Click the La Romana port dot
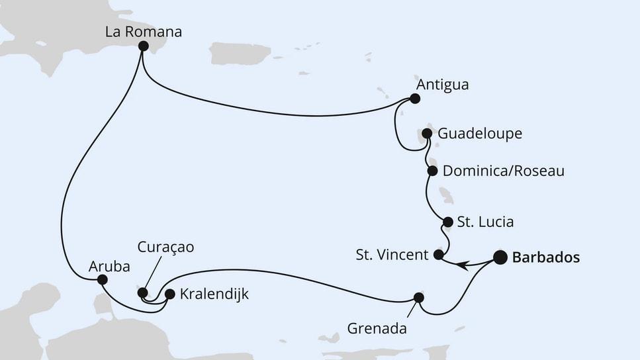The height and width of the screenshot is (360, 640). (x=143, y=46)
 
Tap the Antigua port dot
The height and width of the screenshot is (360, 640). (x=415, y=99)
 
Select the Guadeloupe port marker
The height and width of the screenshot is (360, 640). (x=427, y=134)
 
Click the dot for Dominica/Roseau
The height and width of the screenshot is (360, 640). (x=432, y=171)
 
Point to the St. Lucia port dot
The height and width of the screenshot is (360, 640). (x=447, y=222)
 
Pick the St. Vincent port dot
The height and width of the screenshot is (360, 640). (x=438, y=254)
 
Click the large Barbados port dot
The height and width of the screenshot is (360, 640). (x=500, y=257)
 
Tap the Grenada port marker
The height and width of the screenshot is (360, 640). (x=418, y=298)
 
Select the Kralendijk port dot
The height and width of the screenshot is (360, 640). (x=169, y=294)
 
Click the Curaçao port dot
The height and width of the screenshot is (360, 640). (x=142, y=292)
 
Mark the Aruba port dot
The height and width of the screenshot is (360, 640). (x=102, y=280)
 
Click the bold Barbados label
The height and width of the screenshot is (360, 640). (x=546, y=257)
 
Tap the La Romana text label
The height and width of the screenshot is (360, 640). (x=144, y=31)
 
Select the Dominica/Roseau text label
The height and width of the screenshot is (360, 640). (x=503, y=171)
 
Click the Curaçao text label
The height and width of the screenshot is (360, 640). (x=165, y=247)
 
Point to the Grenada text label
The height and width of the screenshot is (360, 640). (x=377, y=328)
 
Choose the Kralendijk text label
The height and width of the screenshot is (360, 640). (x=214, y=294)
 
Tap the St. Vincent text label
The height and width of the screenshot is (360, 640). (x=392, y=255)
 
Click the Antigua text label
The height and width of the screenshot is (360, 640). (x=442, y=85)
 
